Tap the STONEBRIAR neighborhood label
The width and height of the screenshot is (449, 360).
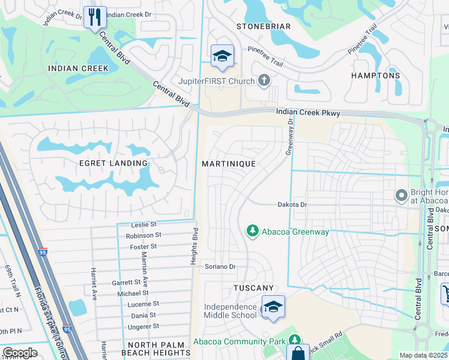pos(264,27)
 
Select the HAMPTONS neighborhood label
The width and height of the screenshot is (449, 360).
pos(375,76)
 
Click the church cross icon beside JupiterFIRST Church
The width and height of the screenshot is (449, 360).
pos(263,80)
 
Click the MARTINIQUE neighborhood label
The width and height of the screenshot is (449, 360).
pos(229,164)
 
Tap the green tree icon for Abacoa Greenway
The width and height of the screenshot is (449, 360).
pos(253,230)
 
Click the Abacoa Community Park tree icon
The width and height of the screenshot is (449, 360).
pos(294,340)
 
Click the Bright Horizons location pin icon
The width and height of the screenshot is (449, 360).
pos(401,195)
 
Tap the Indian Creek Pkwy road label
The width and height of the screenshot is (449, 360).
pos(308,113)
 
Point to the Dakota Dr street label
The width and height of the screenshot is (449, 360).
pos(292,205)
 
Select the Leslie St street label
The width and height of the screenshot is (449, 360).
pos(143,224)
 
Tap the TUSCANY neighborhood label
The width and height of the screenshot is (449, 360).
pos(253,289)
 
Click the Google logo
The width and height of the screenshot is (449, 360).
pos(20,353)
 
